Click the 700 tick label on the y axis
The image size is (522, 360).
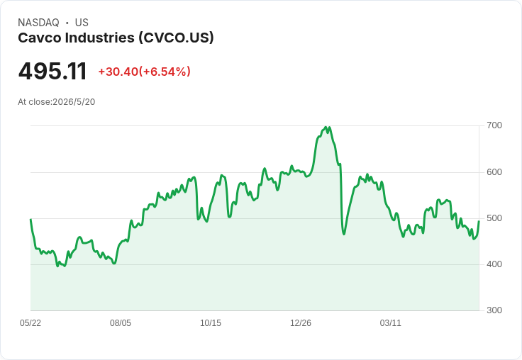[x=494, y=125]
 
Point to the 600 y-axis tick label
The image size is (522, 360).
[x=494, y=172]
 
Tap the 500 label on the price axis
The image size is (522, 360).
[x=494, y=218]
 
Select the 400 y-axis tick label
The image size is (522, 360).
[x=494, y=264]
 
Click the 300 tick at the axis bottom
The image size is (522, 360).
[x=494, y=310]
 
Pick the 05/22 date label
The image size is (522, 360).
[x=30, y=323]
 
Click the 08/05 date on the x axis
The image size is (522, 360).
[x=121, y=323]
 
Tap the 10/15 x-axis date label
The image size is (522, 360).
[x=211, y=323]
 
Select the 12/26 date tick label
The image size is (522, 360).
[x=301, y=323]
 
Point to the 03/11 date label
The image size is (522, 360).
[x=391, y=323]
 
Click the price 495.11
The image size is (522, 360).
[x=52, y=71]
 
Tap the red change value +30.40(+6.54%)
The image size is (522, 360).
[x=144, y=72]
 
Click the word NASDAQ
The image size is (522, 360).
[x=38, y=23]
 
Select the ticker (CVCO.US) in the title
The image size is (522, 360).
[x=176, y=38]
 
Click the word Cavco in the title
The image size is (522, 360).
[x=40, y=38]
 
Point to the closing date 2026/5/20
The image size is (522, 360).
[x=74, y=102]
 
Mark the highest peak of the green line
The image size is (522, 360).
[x=326, y=127]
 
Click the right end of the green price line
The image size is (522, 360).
[x=479, y=221]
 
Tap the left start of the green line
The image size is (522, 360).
[x=30, y=219]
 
